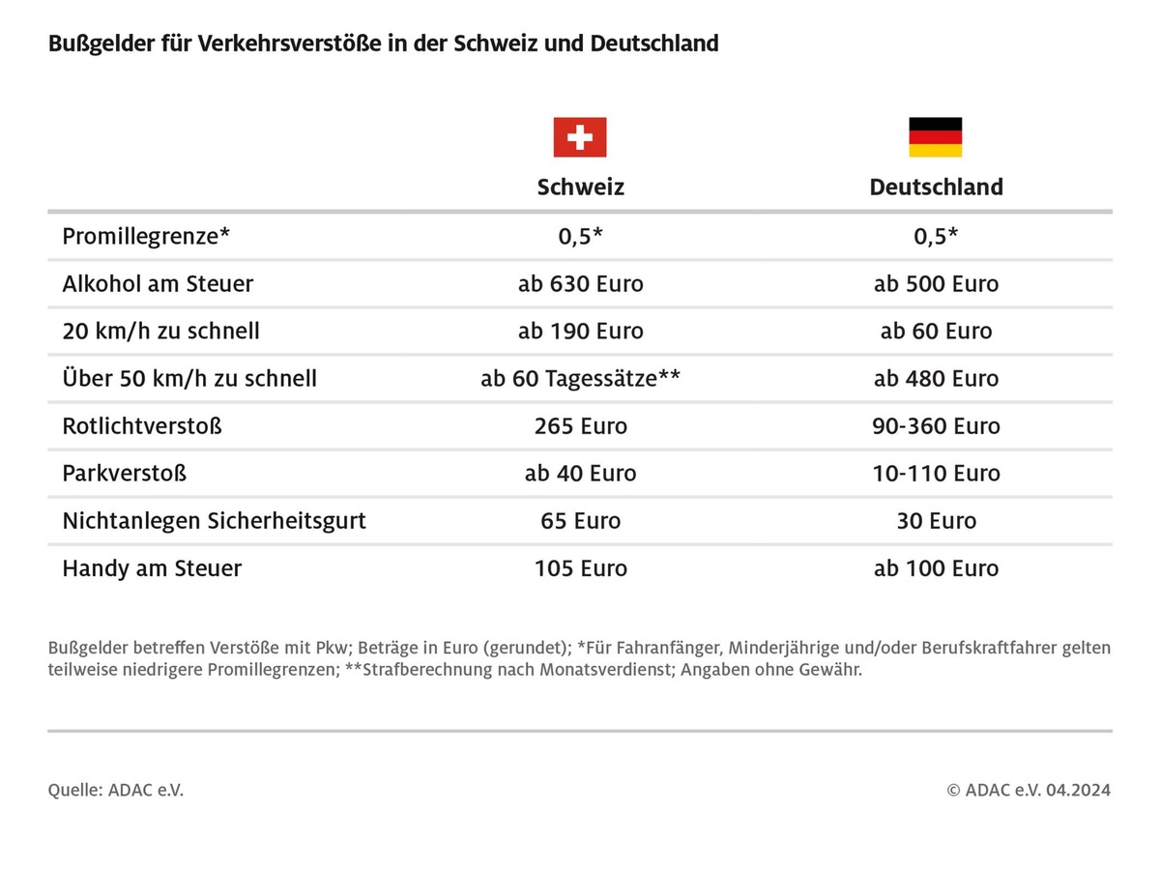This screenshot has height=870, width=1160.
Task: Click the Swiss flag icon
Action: (580, 137)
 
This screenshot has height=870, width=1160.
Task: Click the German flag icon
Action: (935, 137)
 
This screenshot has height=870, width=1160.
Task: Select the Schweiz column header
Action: (580, 187)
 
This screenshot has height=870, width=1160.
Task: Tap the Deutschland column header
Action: (936, 187)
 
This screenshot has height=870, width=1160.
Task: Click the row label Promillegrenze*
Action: (146, 236)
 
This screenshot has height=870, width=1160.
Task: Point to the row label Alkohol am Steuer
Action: (158, 284)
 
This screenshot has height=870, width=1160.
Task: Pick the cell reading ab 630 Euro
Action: (580, 284)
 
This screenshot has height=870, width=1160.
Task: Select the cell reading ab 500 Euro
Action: (936, 284)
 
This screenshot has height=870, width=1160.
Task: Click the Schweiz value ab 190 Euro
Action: (580, 332)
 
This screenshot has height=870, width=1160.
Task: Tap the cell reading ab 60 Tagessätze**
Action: (580, 379)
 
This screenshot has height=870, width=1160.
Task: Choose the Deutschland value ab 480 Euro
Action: (936, 379)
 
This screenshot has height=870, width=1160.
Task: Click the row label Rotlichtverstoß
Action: (142, 426)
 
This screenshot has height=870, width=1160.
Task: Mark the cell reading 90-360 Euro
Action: (936, 426)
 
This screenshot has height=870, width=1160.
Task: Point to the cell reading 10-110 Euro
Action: (936, 474)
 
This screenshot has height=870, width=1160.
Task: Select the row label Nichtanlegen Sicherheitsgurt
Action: (214, 521)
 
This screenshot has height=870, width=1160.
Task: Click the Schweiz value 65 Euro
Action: (580, 521)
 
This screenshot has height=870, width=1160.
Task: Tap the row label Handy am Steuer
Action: (152, 568)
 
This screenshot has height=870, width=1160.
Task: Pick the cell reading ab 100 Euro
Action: (936, 568)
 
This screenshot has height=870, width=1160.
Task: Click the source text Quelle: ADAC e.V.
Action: (116, 790)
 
